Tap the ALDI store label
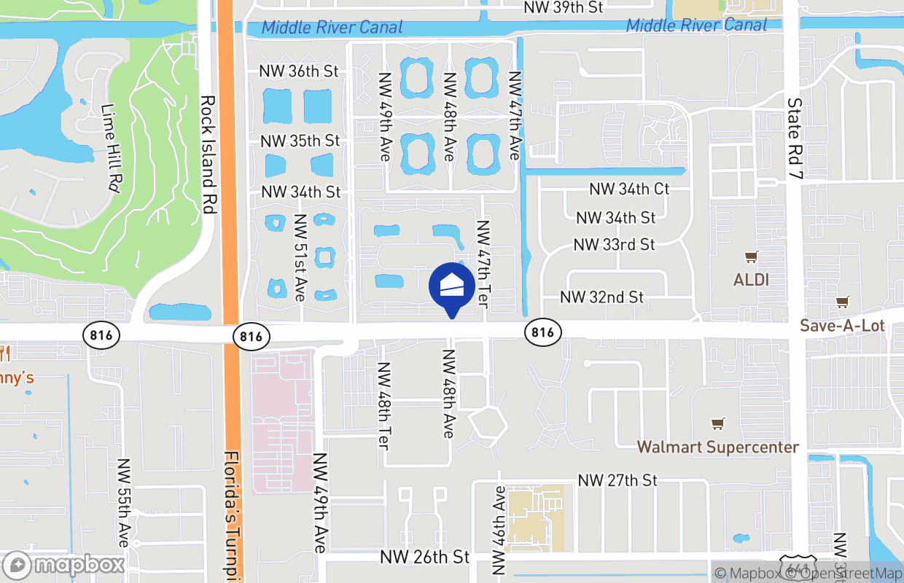pyautogui.click(x=751, y=280)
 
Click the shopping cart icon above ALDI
pyautogui.click(x=751, y=257)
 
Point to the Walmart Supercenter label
pyautogui.click(x=718, y=447)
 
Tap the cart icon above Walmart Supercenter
pyautogui.click(x=718, y=423)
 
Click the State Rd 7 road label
pyautogui.click(x=794, y=136)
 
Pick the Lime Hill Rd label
pyautogui.click(x=112, y=148)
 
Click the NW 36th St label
pyautogui.click(x=299, y=71)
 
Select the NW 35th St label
pyautogui.click(x=300, y=141)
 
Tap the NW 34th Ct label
pyautogui.click(x=629, y=189)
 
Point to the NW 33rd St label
pyautogui.click(x=614, y=245)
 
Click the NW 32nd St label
pyautogui.click(x=601, y=297)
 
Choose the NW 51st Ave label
pyautogui.click(x=299, y=258)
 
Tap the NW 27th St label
pyautogui.click(x=617, y=480)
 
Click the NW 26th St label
pyautogui.click(x=424, y=557)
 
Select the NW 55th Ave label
pyautogui.click(x=123, y=503)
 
